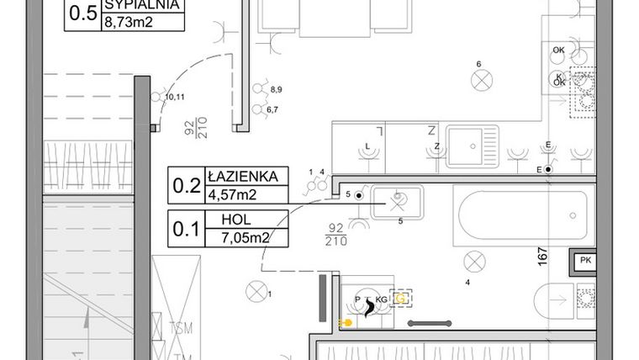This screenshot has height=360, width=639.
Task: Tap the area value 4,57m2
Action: [x=232, y=195]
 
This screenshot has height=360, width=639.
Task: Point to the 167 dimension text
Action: [x=544, y=252]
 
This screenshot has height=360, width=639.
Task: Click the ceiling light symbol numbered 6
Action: [x=482, y=81]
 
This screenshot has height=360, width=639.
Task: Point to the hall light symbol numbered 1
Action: [x=255, y=293]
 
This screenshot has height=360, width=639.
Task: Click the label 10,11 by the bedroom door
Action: [x=174, y=98]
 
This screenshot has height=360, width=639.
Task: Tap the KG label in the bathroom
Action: [x=381, y=299]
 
